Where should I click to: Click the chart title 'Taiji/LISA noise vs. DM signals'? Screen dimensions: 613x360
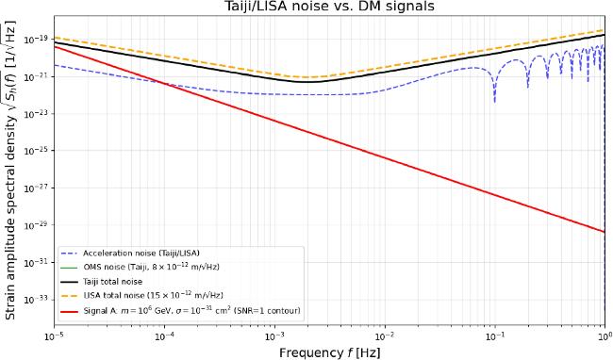point(328,7)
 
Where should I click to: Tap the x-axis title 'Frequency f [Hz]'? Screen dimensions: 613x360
point(329,352)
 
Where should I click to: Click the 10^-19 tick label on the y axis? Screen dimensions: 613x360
point(40,40)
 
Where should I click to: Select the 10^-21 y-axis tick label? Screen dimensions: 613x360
point(40,77)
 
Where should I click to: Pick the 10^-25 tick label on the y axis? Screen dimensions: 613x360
point(40,151)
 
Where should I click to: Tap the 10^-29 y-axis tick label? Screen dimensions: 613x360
point(40,225)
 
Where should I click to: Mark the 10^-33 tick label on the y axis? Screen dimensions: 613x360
point(40,300)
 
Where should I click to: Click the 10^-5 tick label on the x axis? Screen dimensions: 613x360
point(54,335)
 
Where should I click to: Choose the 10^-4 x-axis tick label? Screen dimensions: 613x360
point(164,335)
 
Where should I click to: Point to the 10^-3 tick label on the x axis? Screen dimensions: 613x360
point(274,335)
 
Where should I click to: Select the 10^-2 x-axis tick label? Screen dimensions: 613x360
point(385,335)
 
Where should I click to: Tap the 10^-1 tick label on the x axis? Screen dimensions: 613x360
point(495,335)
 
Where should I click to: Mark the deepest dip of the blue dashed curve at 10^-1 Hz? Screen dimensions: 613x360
point(495,102)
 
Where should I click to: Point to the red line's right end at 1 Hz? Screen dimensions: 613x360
point(605,232)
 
